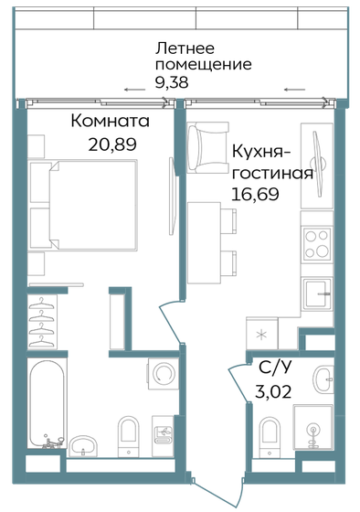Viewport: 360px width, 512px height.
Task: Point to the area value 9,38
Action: coord(174,83)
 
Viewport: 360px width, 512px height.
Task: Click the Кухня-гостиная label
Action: coord(273,162)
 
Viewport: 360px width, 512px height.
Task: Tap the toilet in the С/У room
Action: coord(270,431)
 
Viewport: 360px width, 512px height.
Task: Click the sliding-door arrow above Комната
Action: coord(133,90)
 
